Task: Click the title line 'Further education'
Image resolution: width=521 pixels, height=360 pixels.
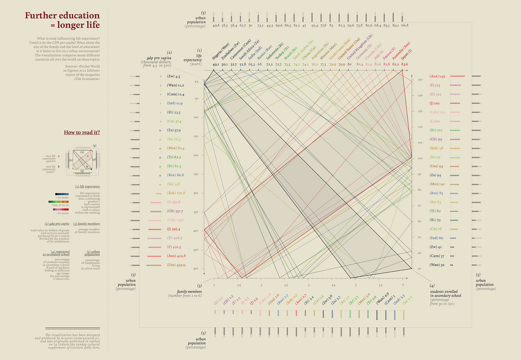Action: pos(62,15)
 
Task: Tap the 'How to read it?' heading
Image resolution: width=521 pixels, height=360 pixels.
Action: pos(82,132)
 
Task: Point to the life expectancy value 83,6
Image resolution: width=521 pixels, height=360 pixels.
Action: pos(405,65)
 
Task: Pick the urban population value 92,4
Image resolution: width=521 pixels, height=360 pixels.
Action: pos(314,25)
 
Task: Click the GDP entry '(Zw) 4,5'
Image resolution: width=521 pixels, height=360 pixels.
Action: pos(173,76)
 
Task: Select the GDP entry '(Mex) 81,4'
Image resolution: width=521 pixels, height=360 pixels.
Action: pos(176,148)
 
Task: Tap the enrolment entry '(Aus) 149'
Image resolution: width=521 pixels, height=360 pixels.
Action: pos(438,76)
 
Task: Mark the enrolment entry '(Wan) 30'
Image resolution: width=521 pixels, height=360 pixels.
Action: pos(437,265)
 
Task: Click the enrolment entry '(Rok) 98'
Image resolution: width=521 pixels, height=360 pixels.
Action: pos(437,148)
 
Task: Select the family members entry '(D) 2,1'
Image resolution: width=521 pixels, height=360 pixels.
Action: pos(218,302)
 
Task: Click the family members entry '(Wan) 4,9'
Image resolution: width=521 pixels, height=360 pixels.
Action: pos(383,298)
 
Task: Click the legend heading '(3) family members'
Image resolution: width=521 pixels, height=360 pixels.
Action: pos(86,224)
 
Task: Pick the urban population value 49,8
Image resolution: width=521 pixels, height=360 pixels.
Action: pos(216,25)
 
